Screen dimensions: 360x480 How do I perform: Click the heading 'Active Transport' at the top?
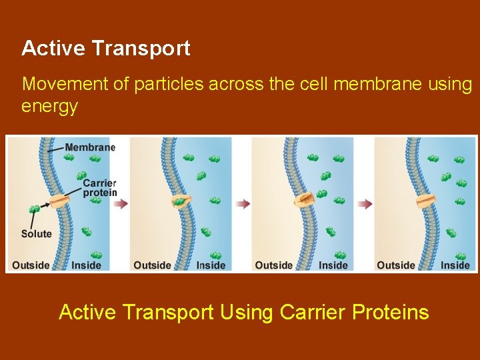click(105, 48)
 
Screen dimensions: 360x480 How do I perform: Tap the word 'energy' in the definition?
click(49, 106)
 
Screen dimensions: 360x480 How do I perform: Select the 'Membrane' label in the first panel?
click(90, 147)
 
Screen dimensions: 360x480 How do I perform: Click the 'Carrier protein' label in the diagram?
click(99, 188)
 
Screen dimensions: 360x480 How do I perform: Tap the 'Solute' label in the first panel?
click(36, 234)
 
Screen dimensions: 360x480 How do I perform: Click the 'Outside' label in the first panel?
click(31, 265)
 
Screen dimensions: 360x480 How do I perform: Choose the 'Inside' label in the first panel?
click(86, 265)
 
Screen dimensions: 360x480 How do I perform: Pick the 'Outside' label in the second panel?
click(152, 265)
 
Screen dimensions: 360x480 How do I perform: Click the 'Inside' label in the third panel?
click(333, 265)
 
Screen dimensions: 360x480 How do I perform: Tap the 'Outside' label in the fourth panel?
click(395, 265)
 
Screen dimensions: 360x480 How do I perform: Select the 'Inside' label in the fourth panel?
click(455, 265)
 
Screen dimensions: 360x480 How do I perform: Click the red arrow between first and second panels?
click(121, 204)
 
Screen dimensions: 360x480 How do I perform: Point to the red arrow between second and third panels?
click(243, 204)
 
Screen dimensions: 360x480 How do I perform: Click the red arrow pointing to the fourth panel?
click(365, 204)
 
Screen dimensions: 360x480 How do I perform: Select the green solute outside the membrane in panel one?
click(34, 209)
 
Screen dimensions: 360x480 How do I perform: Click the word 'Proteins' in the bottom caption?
click(388, 312)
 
